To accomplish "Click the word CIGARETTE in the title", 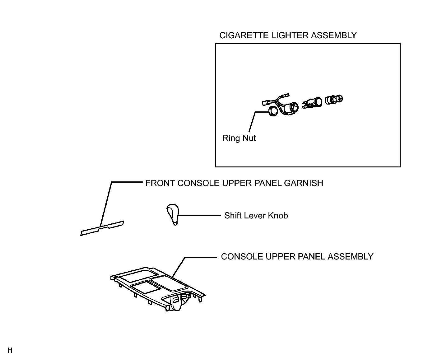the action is point(244,35).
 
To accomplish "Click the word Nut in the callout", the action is point(249,138).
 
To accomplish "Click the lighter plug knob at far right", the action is point(334,100).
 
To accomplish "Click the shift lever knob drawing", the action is point(173,214).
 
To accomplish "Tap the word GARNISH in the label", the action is point(304,183).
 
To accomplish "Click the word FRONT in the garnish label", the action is point(160,183).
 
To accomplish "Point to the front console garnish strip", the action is point(102,228).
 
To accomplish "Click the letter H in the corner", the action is point(10,350).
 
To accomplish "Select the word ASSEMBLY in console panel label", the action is point(351,257).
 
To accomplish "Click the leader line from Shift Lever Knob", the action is point(200,216).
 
